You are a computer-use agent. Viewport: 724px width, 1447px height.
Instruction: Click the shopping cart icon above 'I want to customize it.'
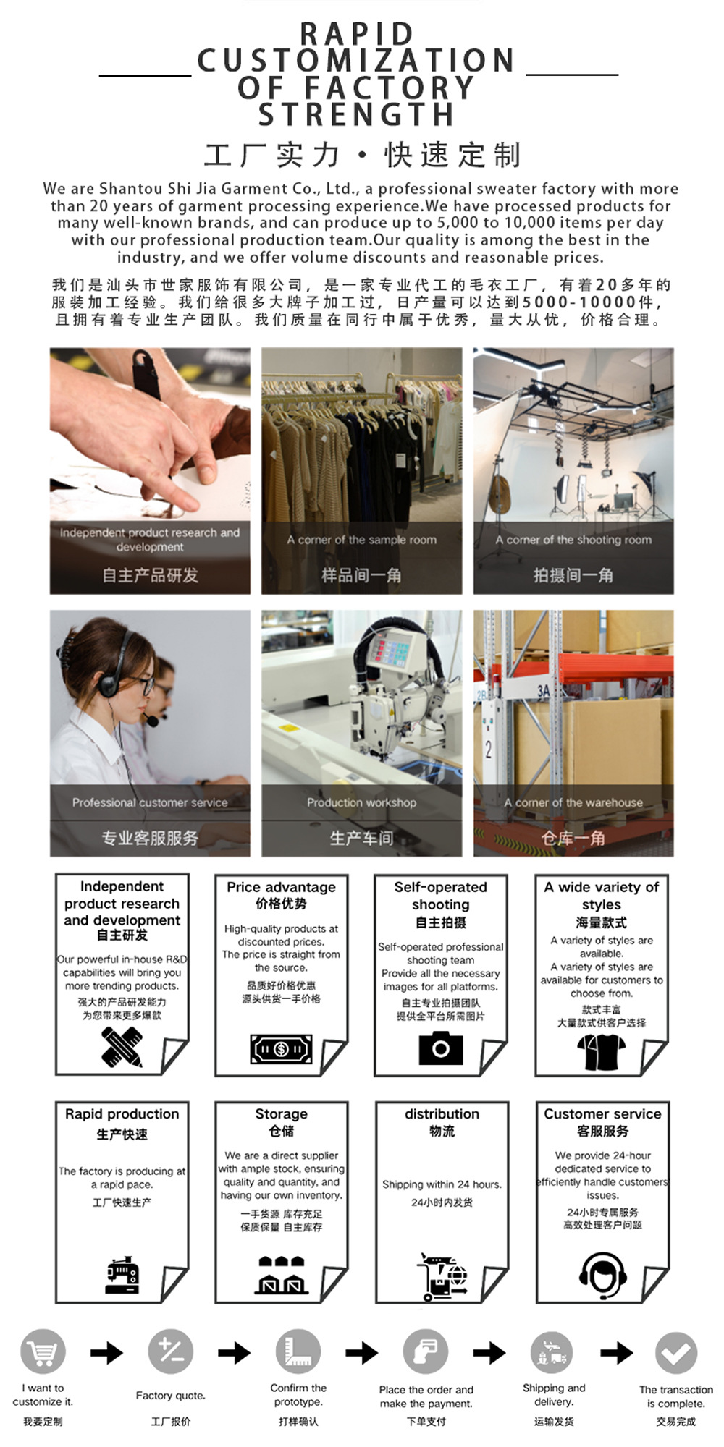pyautogui.click(x=43, y=1351)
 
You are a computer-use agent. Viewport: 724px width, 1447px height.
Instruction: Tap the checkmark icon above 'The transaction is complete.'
pyautogui.click(x=676, y=1353)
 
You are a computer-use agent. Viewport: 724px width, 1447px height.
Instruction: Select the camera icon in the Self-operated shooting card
pyautogui.click(x=440, y=1048)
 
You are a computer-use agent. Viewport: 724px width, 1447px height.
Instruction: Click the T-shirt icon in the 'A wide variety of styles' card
pyautogui.click(x=601, y=1052)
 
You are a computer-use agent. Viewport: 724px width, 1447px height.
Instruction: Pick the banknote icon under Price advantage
pyautogui.click(x=282, y=1048)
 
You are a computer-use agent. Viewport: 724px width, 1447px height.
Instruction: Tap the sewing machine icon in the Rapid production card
pyautogui.click(x=122, y=1275)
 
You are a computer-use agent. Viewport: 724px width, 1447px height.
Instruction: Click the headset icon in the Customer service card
pyautogui.click(x=602, y=1274)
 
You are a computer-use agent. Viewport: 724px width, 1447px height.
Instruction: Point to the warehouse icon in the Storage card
pyautogui.click(x=282, y=1275)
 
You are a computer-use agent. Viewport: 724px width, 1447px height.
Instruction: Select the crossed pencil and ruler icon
pyautogui.click(x=122, y=1047)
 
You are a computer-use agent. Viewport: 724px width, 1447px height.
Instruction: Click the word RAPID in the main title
pyautogui.click(x=356, y=34)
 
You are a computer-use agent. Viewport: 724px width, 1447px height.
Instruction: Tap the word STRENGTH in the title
pyautogui.click(x=356, y=114)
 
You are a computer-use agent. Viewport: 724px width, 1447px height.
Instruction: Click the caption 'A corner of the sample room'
pyautogui.click(x=361, y=540)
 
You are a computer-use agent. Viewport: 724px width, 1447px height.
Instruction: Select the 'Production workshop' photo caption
pyautogui.click(x=361, y=802)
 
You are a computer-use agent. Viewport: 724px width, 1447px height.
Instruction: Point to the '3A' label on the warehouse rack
pyautogui.click(x=544, y=691)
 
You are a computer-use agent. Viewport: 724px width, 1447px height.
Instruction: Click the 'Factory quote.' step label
pyautogui.click(x=170, y=1396)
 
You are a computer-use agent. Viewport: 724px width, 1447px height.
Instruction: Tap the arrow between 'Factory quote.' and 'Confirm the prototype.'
pyautogui.click(x=234, y=1352)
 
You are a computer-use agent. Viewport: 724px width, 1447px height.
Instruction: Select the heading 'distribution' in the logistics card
pyautogui.click(x=442, y=1114)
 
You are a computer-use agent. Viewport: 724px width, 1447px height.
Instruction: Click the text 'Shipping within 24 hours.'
pyautogui.click(x=442, y=1184)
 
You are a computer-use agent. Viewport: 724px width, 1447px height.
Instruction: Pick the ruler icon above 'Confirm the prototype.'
pyautogui.click(x=298, y=1351)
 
